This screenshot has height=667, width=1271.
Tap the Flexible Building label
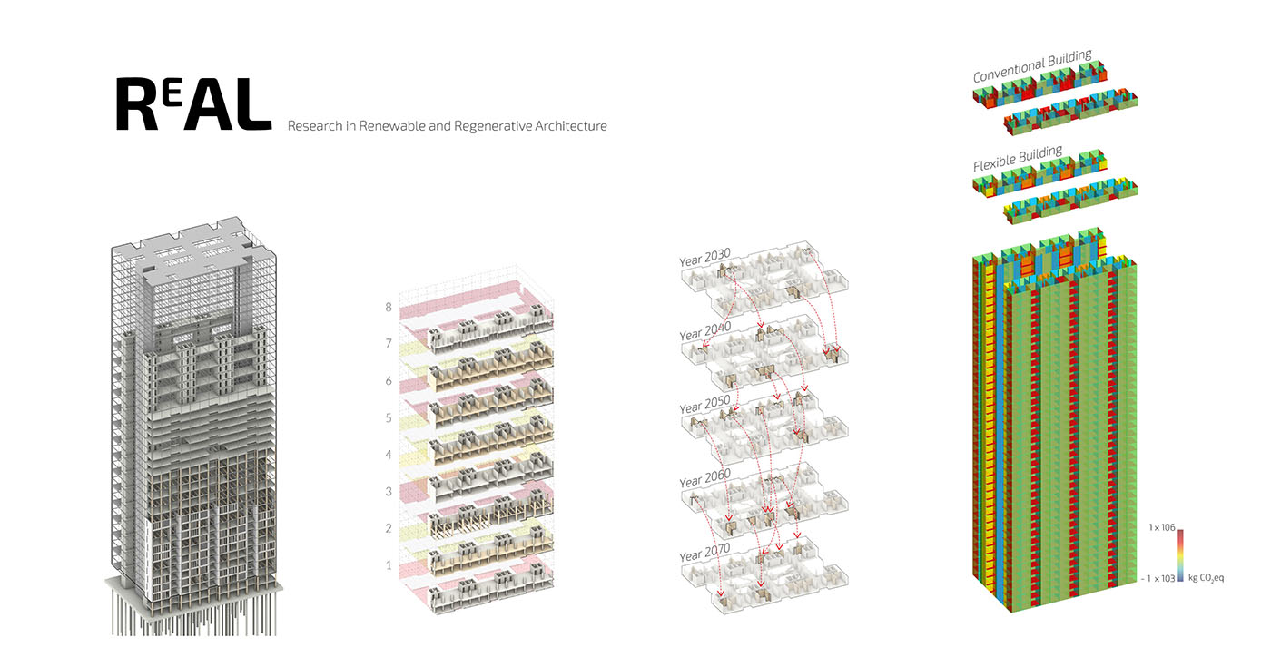(1017, 160)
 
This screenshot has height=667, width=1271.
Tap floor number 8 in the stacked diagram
(389, 308)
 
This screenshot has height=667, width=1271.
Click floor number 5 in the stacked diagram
(389, 418)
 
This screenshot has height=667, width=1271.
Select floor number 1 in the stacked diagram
(389, 565)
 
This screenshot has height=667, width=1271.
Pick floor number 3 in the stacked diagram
(389, 492)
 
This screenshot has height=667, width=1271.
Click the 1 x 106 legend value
(1160, 527)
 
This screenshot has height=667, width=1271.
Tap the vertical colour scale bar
(1181, 553)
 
